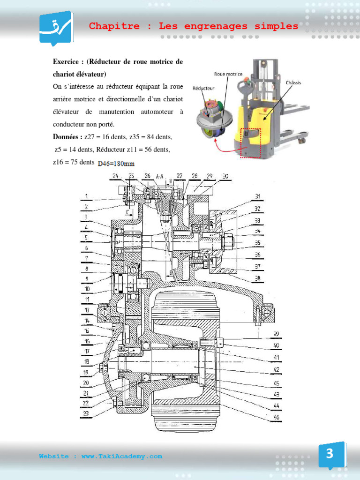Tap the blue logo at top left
coord(55,28)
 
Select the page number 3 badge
coord(330,454)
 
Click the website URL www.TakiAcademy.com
coord(122,456)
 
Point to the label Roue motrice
coord(228,74)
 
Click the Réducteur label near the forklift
coord(203,88)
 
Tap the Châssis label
coord(293,82)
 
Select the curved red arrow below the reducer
coord(220,148)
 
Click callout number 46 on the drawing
coord(276,417)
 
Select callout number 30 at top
coord(225,176)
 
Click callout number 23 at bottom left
coord(86,413)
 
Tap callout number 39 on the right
coord(276,334)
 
